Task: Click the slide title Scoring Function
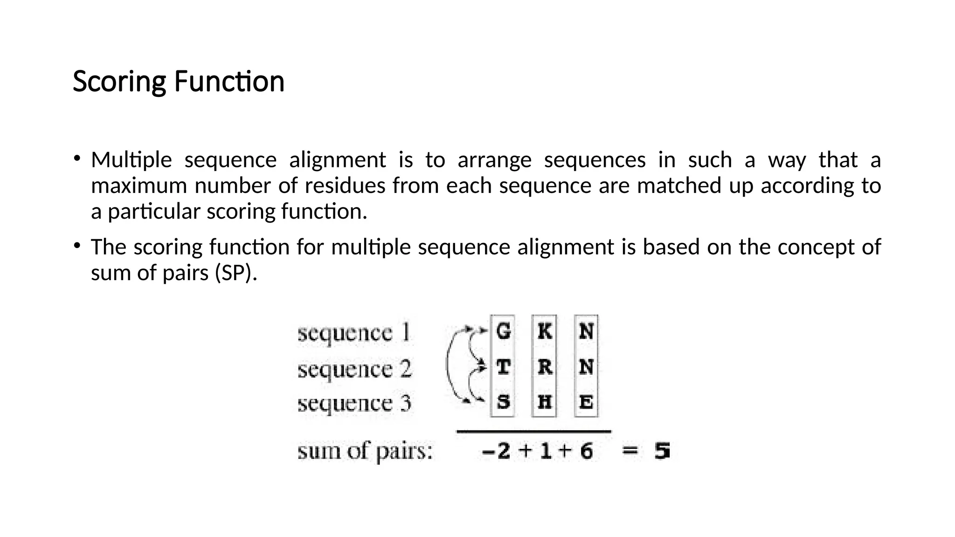click(x=179, y=82)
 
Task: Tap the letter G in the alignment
click(x=503, y=331)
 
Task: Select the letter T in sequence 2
click(x=503, y=367)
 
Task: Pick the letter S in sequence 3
click(x=503, y=401)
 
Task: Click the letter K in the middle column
click(x=544, y=331)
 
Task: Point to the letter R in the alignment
click(x=544, y=367)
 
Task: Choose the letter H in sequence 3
click(x=544, y=401)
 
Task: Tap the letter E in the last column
click(x=586, y=401)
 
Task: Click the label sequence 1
click(x=354, y=333)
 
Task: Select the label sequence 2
click(x=354, y=370)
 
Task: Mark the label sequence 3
click(x=354, y=404)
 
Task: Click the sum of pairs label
click(x=365, y=452)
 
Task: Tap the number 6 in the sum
click(x=586, y=451)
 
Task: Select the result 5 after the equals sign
click(x=662, y=451)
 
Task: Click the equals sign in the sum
click(x=630, y=451)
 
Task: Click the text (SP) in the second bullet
click(x=236, y=273)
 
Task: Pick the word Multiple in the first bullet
click(x=131, y=160)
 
